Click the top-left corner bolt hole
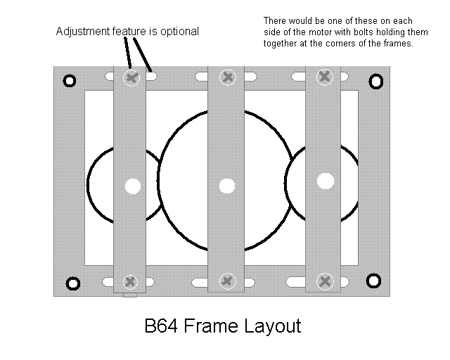tap(70, 81)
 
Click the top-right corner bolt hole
tap(375, 82)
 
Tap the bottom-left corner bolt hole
tap(73, 283)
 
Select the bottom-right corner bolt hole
tap(373, 281)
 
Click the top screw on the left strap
tap(131, 78)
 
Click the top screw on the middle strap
tap(228, 77)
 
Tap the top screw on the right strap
tap(325, 77)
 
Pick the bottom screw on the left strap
tap(130, 282)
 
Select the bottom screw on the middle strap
tap(228, 281)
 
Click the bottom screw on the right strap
tap(325, 281)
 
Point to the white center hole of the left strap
tap(133, 186)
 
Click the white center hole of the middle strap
tap(227, 186)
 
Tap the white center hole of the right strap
tap(326, 181)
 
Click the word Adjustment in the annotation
tap(83, 32)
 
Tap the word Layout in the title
tap(273, 326)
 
